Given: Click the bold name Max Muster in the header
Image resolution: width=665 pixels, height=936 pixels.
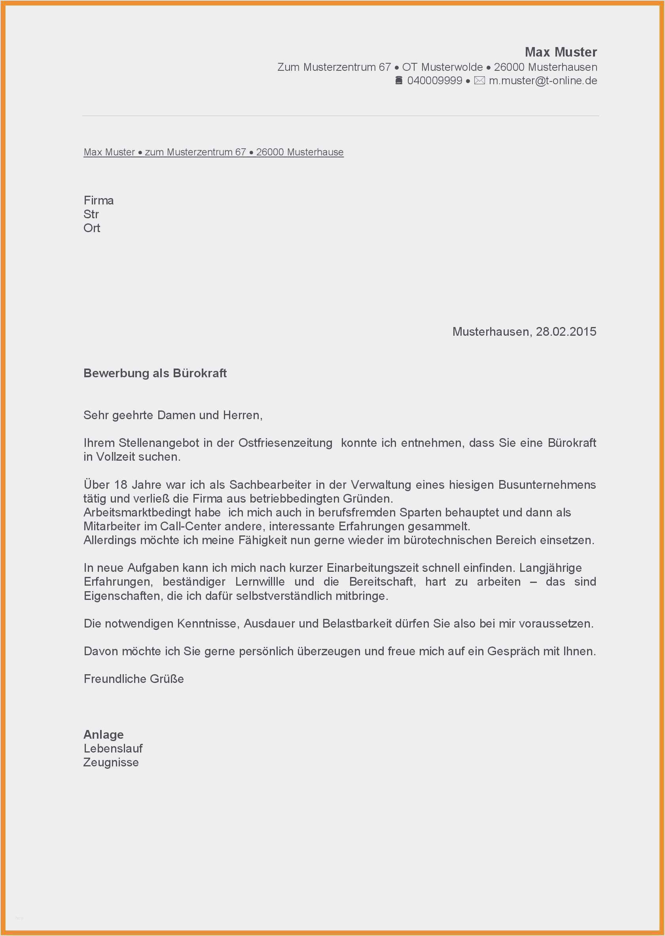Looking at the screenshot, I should click(x=561, y=52).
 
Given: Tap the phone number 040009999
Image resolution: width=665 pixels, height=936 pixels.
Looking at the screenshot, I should click(x=434, y=81).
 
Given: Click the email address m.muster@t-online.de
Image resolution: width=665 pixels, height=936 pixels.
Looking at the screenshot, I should click(x=543, y=81).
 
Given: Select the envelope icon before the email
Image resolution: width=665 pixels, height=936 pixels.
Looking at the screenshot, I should click(x=479, y=81).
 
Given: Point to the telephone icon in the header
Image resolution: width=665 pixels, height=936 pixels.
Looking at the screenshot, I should click(x=399, y=81).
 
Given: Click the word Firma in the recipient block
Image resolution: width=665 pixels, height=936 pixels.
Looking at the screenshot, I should click(x=99, y=200).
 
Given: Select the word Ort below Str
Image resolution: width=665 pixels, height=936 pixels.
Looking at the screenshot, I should click(x=92, y=228).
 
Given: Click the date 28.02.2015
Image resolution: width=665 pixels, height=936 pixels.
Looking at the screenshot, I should click(x=566, y=331).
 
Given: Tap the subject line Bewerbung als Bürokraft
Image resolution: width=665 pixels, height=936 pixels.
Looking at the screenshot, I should click(x=155, y=373).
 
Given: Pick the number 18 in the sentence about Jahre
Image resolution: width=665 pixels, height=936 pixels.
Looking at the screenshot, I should click(x=121, y=484).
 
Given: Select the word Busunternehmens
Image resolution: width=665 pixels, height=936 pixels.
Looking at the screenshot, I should click(x=547, y=484).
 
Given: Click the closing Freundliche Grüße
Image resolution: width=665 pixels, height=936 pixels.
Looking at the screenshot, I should click(x=133, y=679).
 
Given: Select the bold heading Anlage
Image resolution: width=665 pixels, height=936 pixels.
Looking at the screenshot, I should click(x=104, y=735).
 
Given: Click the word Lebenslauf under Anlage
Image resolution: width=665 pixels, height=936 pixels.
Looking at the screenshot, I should click(x=113, y=749).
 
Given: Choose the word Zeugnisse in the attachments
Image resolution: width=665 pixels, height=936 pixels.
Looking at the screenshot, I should click(x=111, y=762).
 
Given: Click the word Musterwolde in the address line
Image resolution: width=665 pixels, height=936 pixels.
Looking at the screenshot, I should click(x=452, y=67).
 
